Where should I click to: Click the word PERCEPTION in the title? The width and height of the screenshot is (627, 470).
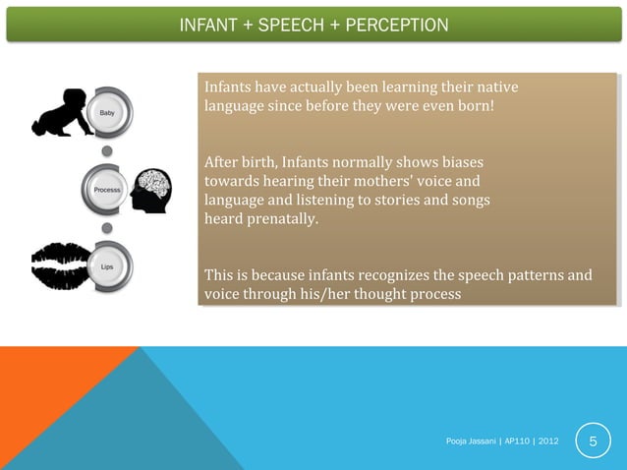pos(393,25)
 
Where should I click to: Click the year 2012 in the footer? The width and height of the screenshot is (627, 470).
pos(547,441)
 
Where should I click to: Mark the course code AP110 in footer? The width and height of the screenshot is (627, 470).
pos(519,441)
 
